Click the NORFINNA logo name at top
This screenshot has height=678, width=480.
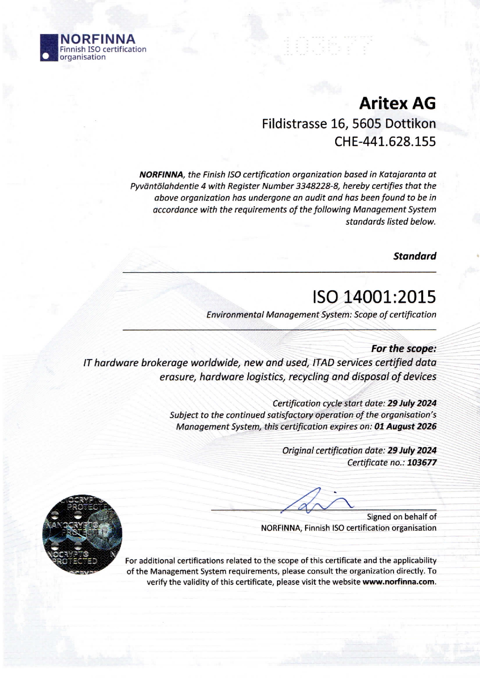pyautogui.click(x=97, y=39)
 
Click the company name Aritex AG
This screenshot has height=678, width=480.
pyautogui.click(x=397, y=103)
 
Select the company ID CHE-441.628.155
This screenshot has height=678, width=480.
pyautogui.click(x=385, y=142)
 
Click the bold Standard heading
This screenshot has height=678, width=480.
pyautogui.click(x=415, y=256)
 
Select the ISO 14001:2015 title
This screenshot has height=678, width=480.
pyautogui.click(x=374, y=297)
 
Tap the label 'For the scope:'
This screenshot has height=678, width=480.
pyautogui.click(x=403, y=348)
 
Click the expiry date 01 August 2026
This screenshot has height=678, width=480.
pyautogui.click(x=405, y=427)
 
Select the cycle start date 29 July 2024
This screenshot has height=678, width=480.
pyautogui.click(x=412, y=403)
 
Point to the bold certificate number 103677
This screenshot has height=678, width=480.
pyautogui.click(x=422, y=463)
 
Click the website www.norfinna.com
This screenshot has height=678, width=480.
pyautogui.click(x=398, y=582)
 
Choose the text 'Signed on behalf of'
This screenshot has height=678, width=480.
pyautogui.click(x=401, y=517)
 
